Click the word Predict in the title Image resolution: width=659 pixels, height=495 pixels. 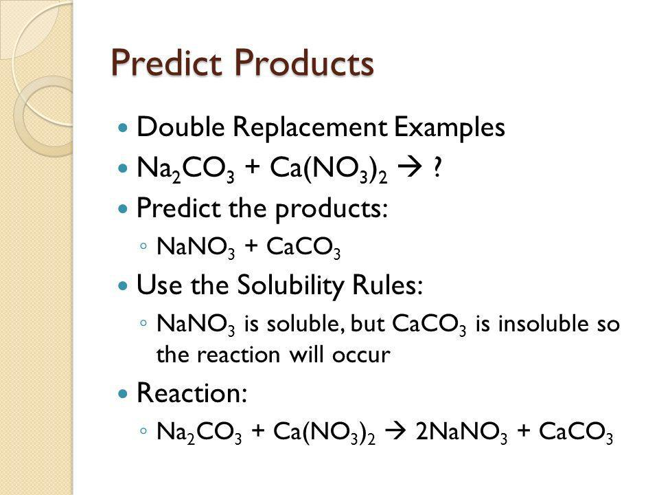click(167, 63)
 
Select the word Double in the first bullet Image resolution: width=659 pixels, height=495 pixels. click(181, 126)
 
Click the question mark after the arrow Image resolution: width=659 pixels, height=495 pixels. click(437, 167)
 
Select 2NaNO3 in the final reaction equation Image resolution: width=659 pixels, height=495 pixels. click(461, 432)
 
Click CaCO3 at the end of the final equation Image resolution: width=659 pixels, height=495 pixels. click(576, 432)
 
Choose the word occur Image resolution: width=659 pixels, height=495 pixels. click(361, 355)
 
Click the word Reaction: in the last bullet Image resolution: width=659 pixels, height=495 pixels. click(192, 393)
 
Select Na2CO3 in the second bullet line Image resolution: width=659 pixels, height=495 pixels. click(185, 169)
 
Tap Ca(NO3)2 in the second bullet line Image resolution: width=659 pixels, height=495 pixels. click(328, 169)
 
